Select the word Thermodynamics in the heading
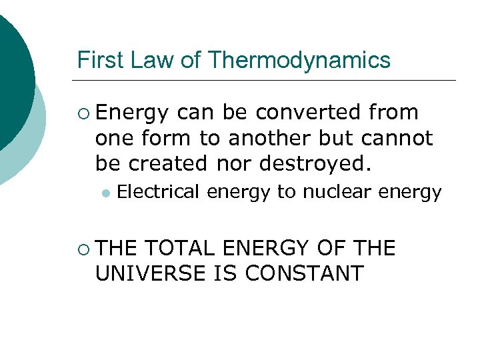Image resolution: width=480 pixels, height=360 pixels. click(299, 61)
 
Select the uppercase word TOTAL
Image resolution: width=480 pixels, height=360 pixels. click(179, 249)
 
